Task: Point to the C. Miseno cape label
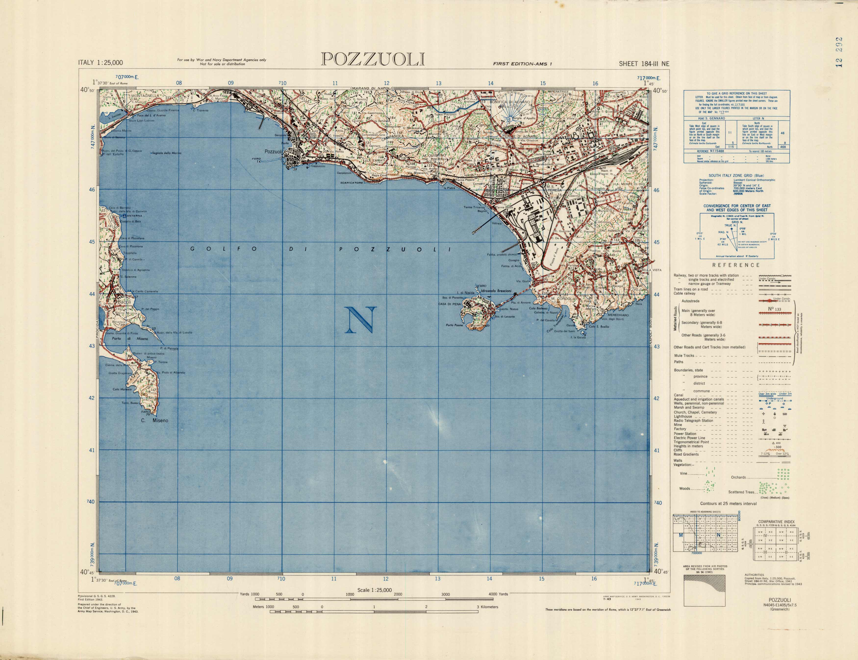(154, 421)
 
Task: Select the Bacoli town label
(124, 302)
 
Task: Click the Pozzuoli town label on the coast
(273, 152)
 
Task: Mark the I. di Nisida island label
(466, 293)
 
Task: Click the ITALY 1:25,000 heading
(101, 62)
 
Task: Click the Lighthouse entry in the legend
(683, 416)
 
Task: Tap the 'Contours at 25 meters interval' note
(728, 503)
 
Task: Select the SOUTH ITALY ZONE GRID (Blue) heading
(736, 175)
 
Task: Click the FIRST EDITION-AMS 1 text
(522, 64)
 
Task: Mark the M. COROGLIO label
(564, 299)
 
